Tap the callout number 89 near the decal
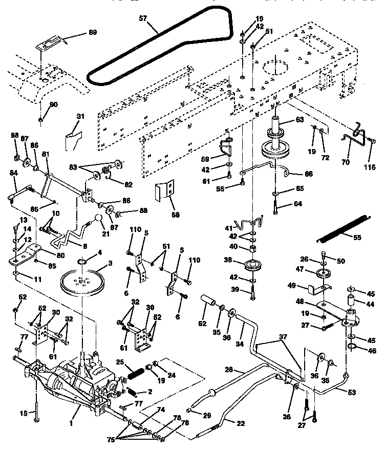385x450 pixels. [x=92, y=32]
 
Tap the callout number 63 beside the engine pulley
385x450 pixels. [x=298, y=120]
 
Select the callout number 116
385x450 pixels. [x=369, y=167]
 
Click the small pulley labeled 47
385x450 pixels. [x=323, y=273]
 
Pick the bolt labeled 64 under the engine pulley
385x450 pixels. [x=276, y=207]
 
